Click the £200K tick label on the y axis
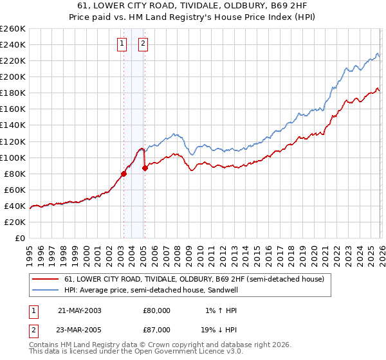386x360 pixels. click(x=13, y=76)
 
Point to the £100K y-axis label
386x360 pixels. click(x=13, y=157)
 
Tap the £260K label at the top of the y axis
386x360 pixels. click(x=13, y=29)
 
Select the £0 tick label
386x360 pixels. click(x=20, y=238)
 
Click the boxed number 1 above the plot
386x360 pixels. click(x=121, y=44)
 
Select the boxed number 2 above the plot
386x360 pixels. click(x=142, y=44)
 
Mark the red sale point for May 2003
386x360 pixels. click(x=124, y=173)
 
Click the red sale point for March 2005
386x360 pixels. click(x=145, y=168)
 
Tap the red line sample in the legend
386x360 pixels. click(x=46, y=279)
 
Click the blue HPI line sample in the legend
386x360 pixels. click(x=46, y=290)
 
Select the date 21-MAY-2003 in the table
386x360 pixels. click(x=79, y=310)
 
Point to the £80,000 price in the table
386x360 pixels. click(x=156, y=310)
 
